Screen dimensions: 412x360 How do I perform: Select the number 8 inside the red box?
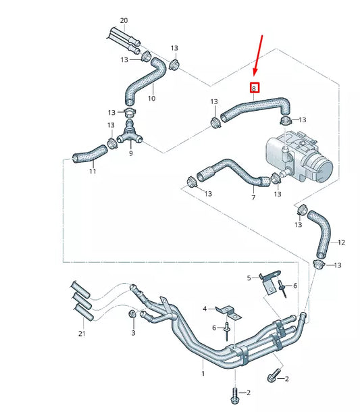[x=254, y=88]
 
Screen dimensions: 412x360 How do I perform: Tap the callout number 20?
[x=124, y=20]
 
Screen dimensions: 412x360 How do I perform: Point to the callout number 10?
[x=151, y=99]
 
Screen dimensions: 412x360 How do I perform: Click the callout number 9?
[x=130, y=154]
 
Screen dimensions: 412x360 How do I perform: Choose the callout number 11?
[x=93, y=171]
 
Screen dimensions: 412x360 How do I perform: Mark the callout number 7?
[x=253, y=198]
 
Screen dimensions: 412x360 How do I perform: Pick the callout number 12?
[x=341, y=242]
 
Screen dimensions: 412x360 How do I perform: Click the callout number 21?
[x=82, y=334]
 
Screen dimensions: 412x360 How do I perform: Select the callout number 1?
[x=203, y=373]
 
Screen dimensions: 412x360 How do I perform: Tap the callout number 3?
[x=133, y=333]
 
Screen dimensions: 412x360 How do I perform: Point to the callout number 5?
[x=249, y=278]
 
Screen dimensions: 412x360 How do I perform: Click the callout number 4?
[x=205, y=309]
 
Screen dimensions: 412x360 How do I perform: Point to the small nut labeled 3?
[x=133, y=315]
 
